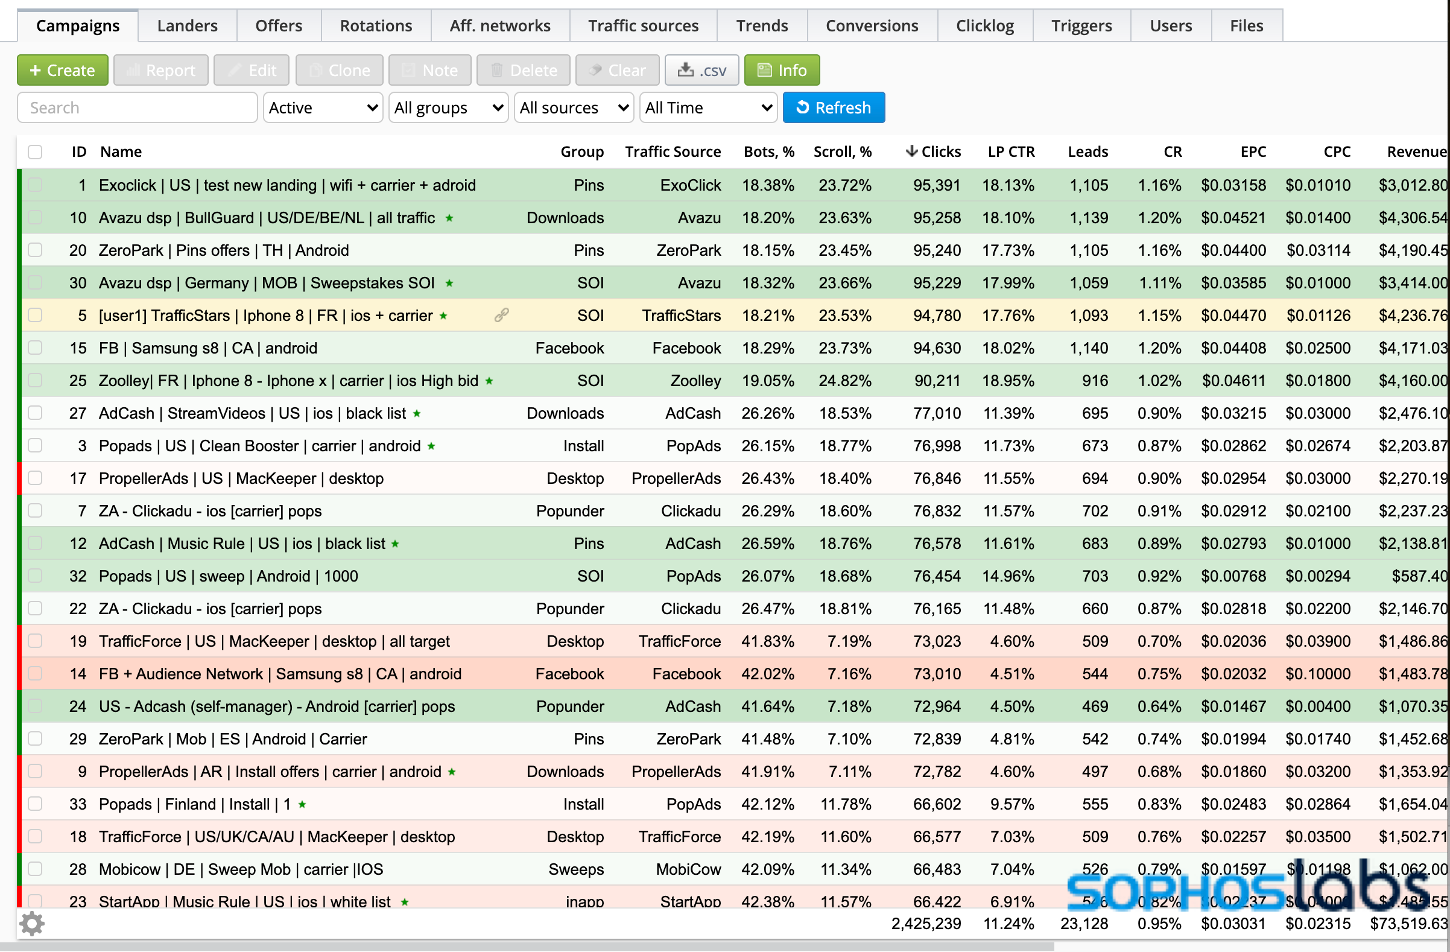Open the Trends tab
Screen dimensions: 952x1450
tap(762, 25)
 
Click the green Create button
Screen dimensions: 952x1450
tap(63, 70)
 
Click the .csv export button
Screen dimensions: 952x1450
tap(702, 70)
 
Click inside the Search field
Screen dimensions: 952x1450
tap(138, 108)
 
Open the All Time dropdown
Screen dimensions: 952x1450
tap(708, 108)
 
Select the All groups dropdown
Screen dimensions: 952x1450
tap(448, 108)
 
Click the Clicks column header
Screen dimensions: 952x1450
tap(933, 152)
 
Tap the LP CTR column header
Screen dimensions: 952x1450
tap(1012, 152)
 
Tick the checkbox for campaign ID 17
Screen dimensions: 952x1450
tap(36, 478)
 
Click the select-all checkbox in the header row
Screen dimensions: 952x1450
tap(36, 152)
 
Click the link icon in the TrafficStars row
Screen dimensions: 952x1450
tap(501, 315)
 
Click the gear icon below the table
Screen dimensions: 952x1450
tap(32, 924)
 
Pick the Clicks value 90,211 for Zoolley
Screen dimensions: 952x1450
tap(937, 381)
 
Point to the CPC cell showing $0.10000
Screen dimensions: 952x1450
tap(1318, 674)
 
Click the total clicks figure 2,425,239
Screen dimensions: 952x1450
tap(926, 924)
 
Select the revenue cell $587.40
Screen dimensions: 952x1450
tap(1419, 576)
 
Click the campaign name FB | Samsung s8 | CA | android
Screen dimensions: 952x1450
tap(207, 348)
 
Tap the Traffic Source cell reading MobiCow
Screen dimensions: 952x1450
tap(688, 869)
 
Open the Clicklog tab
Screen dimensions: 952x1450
tap(984, 25)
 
